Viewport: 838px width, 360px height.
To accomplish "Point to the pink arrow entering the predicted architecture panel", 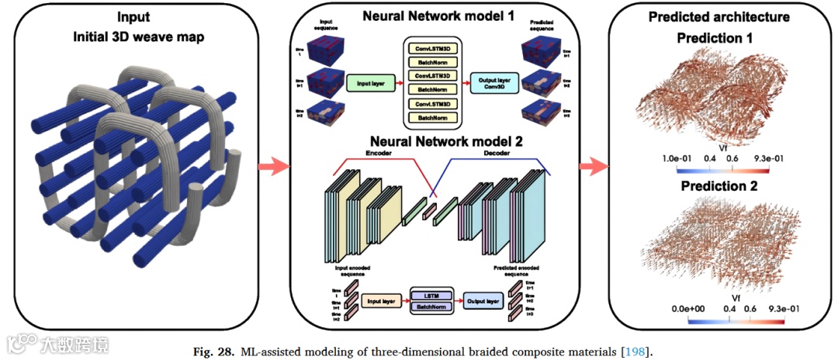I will click(595, 164).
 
